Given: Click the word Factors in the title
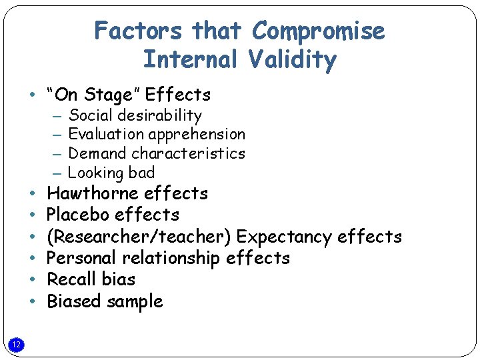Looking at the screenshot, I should (x=139, y=31).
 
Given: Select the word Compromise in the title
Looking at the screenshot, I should (x=319, y=31).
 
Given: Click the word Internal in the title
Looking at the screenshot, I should (x=190, y=60).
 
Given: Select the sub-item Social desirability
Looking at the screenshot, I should (x=135, y=115).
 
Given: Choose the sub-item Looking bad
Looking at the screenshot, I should (x=111, y=173).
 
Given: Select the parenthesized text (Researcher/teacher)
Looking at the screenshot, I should (x=139, y=237).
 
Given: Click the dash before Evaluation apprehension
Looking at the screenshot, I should (x=59, y=135).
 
